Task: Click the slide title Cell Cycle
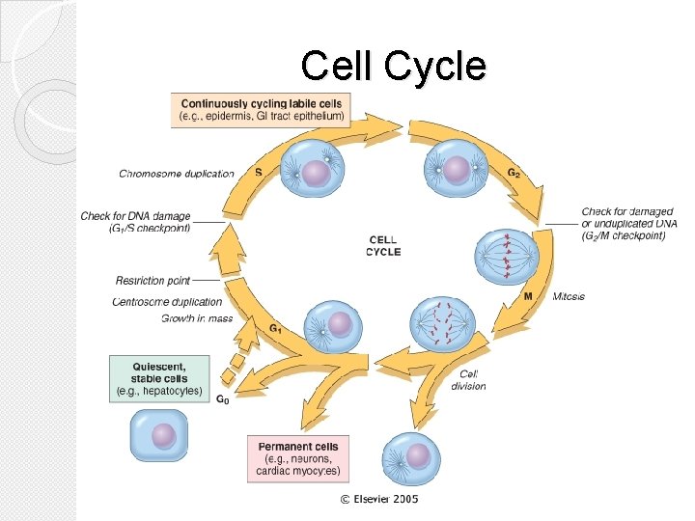point(393,67)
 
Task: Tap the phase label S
point(259,173)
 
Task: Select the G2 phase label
point(515,173)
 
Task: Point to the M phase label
point(528,296)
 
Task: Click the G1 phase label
point(275,328)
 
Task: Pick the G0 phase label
point(221,399)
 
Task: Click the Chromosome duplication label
point(177,174)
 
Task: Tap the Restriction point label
point(153,281)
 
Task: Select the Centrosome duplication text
point(167,302)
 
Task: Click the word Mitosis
point(569,296)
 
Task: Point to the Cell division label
point(468,380)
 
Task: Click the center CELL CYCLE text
point(382,246)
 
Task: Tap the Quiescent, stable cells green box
point(159,378)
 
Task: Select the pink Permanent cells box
point(298,459)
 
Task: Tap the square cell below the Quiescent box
point(158,435)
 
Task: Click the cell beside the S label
point(317,172)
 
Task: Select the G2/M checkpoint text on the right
point(628,224)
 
